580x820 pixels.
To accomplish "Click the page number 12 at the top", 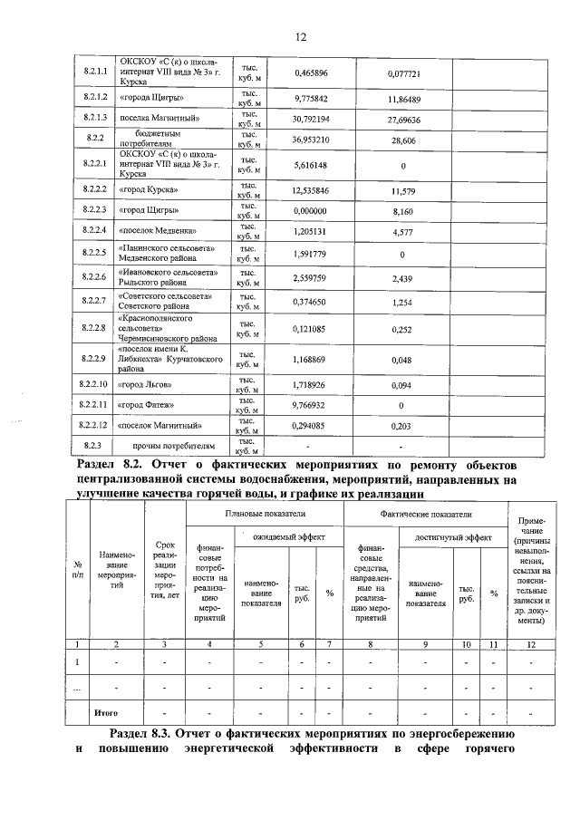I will (301, 36).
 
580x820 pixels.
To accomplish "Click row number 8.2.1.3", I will (95, 119).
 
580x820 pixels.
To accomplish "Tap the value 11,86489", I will (401, 97).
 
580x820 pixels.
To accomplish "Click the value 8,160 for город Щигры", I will (401, 209).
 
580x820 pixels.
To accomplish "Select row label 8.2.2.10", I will (95, 385).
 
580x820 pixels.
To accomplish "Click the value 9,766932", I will (311, 405).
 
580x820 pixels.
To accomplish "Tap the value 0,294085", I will (311, 425).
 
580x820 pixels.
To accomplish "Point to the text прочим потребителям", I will (175, 445).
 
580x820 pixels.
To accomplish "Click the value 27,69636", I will (401, 119).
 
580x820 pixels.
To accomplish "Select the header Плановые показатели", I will (264, 514).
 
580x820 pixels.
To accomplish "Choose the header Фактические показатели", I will (425, 514).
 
